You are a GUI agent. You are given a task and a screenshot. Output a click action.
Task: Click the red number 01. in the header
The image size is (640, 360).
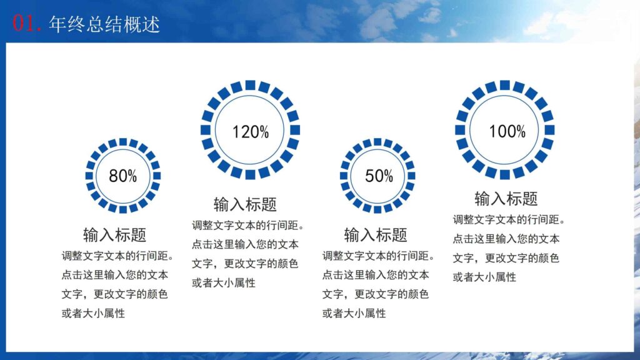[27, 24]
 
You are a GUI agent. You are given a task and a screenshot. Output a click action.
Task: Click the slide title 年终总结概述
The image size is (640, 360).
[104, 24]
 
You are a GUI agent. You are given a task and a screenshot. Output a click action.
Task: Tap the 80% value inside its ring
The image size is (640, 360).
[122, 176]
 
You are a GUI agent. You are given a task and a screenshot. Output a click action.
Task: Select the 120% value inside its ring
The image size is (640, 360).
[250, 132]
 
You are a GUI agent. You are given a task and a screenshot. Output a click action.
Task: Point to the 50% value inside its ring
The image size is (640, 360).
[379, 176]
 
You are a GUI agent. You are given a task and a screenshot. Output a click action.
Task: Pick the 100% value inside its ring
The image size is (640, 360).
[507, 131]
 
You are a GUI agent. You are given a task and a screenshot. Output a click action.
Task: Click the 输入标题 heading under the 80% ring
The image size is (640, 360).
[114, 235]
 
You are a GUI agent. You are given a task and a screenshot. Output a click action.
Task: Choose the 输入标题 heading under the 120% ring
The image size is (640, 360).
[245, 204]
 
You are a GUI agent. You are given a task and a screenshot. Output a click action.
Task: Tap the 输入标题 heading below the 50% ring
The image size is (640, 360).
[376, 235]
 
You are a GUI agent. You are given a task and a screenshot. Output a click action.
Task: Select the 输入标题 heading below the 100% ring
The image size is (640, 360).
[506, 199]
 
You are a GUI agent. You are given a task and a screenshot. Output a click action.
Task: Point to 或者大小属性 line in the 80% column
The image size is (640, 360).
[93, 313]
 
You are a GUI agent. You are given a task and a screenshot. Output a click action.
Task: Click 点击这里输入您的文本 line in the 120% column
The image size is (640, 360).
[245, 244]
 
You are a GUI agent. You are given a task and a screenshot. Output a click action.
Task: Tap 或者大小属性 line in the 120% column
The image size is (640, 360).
[224, 282]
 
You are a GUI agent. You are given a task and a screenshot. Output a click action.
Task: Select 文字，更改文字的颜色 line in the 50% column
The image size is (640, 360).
[376, 294]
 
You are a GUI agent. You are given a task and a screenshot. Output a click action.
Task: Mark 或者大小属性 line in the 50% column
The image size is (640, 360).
[354, 313]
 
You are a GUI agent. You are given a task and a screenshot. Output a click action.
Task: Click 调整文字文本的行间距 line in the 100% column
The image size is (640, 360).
[510, 219]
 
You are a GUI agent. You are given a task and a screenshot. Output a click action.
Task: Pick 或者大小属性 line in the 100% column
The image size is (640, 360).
[485, 277]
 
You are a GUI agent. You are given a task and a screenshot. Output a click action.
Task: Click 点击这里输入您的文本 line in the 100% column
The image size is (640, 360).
[506, 239]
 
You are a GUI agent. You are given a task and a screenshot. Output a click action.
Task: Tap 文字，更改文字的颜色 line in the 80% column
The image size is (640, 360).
[114, 294]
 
